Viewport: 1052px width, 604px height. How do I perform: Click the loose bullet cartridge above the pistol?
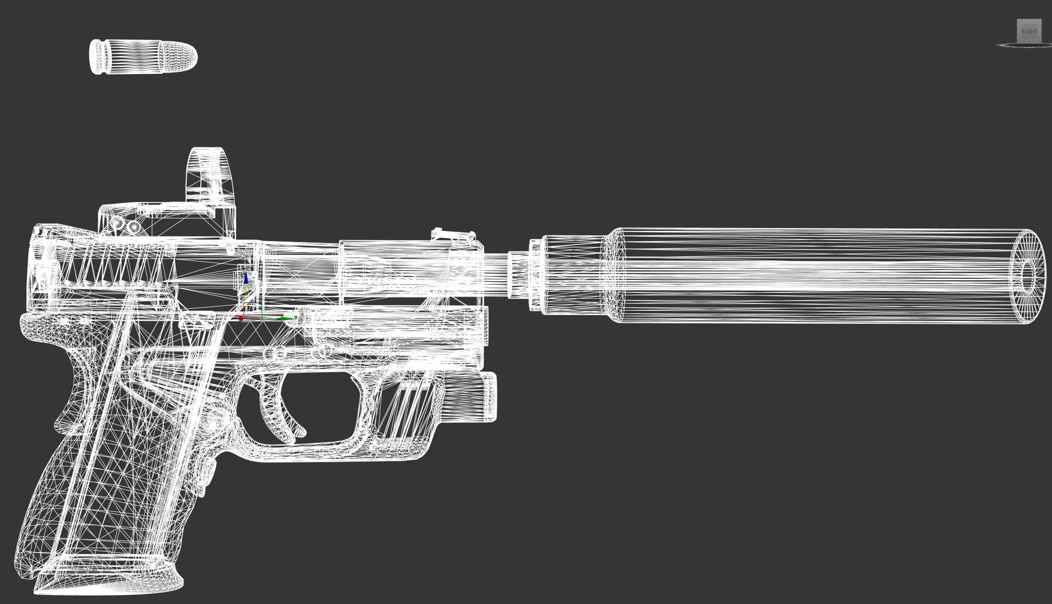click(x=143, y=56)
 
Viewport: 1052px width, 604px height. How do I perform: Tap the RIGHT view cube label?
click(x=1029, y=31)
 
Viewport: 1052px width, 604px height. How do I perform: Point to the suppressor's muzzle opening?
click(x=1029, y=275)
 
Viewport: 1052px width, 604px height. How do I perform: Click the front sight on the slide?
click(x=453, y=234)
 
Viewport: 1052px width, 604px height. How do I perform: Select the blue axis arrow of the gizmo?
click(x=245, y=277)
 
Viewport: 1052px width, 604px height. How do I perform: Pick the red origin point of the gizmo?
click(x=241, y=319)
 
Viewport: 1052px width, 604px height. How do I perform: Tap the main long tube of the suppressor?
click(x=811, y=275)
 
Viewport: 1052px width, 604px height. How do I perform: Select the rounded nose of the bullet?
click(x=187, y=56)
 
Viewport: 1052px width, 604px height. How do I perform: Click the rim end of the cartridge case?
click(x=96, y=56)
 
